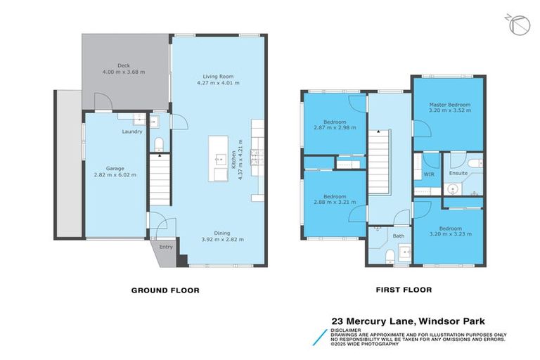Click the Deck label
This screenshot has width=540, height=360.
[x=123, y=65]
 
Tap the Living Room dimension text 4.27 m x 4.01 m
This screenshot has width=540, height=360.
[x=218, y=83]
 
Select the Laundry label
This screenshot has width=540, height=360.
[x=132, y=131]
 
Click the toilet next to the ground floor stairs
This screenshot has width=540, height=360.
[x=159, y=145]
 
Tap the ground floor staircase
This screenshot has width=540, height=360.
[x=160, y=181]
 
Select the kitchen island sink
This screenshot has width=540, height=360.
[x=218, y=158]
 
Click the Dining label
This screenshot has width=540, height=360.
[x=221, y=233]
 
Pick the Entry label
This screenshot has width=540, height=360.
[x=166, y=247]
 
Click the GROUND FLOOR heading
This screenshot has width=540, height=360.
[x=165, y=290]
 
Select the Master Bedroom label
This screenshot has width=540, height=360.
[x=449, y=105]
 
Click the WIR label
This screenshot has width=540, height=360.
[x=428, y=174]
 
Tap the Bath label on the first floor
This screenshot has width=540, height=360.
[x=399, y=236]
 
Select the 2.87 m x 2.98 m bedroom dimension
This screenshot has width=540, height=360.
[x=335, y=128]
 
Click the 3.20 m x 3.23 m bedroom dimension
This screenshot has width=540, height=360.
[x=450, y=234]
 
